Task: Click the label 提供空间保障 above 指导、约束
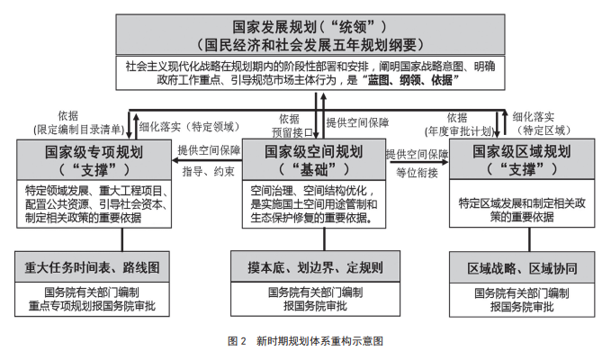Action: (209, 150)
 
